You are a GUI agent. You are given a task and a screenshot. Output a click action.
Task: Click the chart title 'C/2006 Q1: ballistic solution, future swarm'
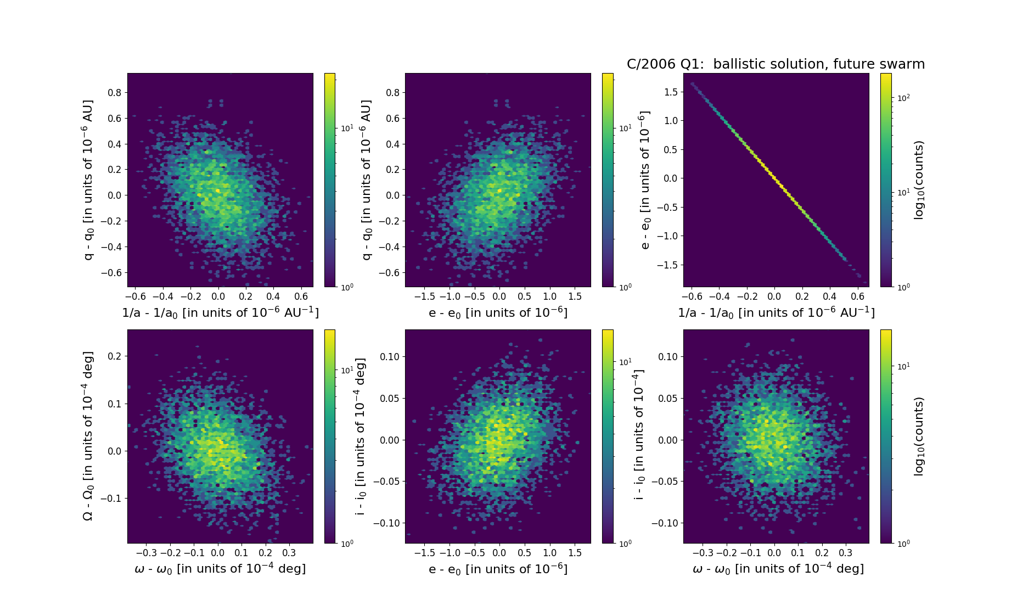(x=776, y=64)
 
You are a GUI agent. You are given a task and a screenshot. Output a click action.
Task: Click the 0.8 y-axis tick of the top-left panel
(x=114, y=93)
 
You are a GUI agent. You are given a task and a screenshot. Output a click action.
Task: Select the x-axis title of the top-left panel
(x=220, y=312)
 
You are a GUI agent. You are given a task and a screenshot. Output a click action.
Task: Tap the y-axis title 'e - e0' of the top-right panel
(x=645, y=180)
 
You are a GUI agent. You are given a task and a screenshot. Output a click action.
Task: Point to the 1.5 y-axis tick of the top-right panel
(x=670, y=92)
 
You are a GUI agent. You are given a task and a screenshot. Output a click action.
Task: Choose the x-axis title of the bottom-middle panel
(x=498, y=569)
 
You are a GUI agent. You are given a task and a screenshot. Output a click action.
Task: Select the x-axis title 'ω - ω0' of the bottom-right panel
(x=778, y=569)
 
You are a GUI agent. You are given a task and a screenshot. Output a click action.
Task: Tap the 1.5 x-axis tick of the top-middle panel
(x=575, y=296)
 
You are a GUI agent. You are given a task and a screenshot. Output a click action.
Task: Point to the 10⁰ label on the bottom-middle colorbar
(x=625, y=544)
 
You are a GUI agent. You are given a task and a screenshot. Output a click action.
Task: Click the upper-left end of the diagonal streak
(x=692, y=83)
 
